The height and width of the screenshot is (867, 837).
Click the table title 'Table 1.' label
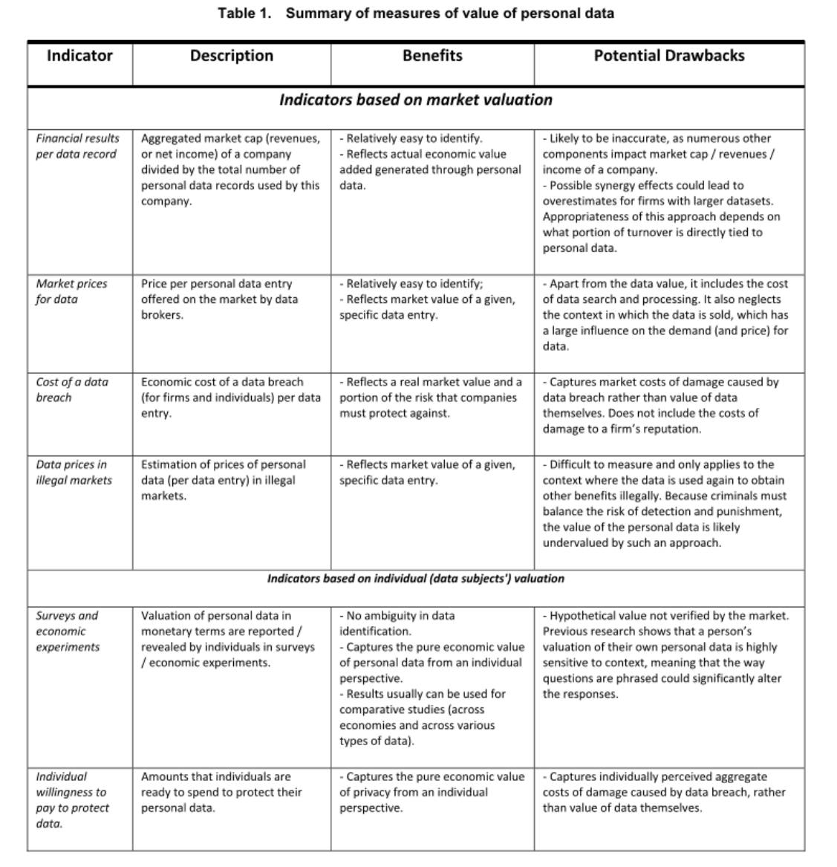pyautogui.click(x=244, y=13)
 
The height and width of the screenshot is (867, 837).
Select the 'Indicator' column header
pyautogui.click(x=79, y=56)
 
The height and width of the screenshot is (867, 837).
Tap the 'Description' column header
pyautogui.click(x=232, y=56)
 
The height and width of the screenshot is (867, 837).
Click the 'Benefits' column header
pyautogui.click(x=432, y=56)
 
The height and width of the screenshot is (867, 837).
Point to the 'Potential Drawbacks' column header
pyautogui.click(x=668, y=56)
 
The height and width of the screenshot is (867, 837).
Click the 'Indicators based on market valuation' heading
pyautogui.click(x=416, y=100)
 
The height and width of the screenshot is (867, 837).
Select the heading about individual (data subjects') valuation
pyautogui.click(x=416, y=579)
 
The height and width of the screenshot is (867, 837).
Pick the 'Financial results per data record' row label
pyautogui.click(x=77, y=146)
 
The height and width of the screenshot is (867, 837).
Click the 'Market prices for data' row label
pyautogui.click(x=71, y=291)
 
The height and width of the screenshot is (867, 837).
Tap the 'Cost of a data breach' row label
pyautogui.click(x=71, y=389)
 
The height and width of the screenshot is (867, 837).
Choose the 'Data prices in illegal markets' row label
pyautogui.click(x=74, y=472)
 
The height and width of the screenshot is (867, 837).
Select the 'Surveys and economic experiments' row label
pyautogui.click(x=68, y=631)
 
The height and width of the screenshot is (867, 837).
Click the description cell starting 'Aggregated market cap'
pyautogui.click(x=230, y=169)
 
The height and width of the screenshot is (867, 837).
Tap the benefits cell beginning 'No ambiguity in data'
pyautogui.click(x=431, y=678)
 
